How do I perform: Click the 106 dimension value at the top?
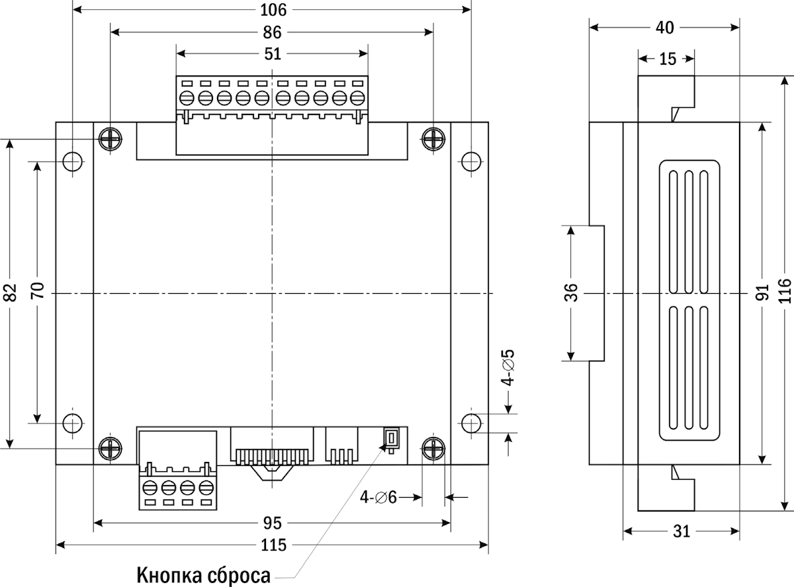(x=273, y=10)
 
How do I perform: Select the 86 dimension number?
(x=272, y=32)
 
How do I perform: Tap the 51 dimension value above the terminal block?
(x=272, y=54)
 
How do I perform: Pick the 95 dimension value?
(x=272, y=523)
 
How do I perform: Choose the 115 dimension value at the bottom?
(x=273, y=545)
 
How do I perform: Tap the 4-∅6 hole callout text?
(x=378, y=496)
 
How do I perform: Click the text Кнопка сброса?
(x=204, y=574)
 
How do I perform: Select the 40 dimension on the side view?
(x=664, y=27)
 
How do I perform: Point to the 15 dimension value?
(x=668, y=59)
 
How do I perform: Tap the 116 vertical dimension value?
(x=785, y=293)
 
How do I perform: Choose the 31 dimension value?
(x=682, y=531)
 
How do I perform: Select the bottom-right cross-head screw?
(x=433, y=448)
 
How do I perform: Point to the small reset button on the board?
(x=390, y=439)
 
